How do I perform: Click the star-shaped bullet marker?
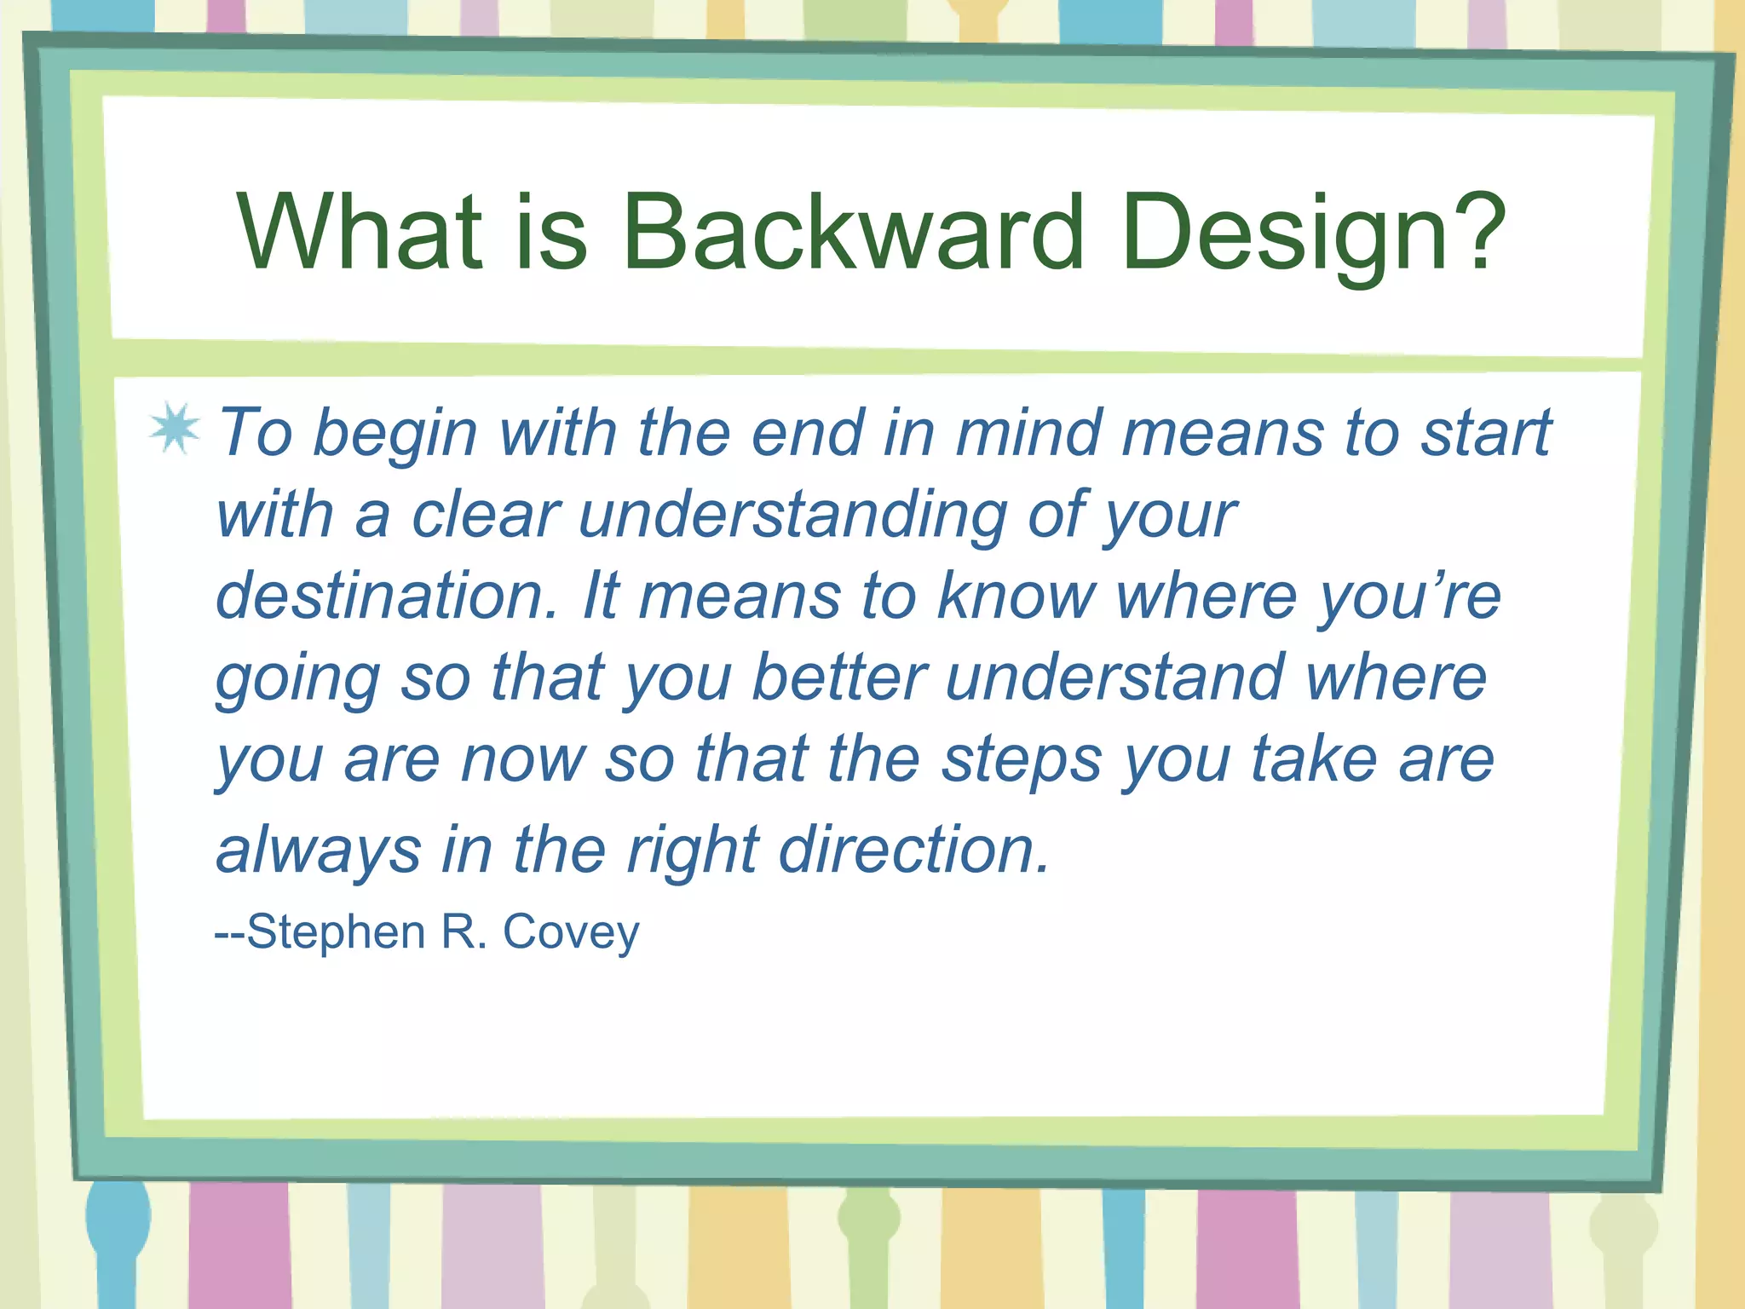(x=175, y=428)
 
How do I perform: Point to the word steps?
(x=1022, y=760)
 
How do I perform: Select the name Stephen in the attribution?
(x=336, y=931)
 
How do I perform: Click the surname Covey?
(x=571, y=932)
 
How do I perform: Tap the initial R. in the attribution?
(x=464, y=931)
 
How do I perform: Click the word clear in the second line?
(x=486, y=516)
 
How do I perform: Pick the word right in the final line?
(x=693, y=851)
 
